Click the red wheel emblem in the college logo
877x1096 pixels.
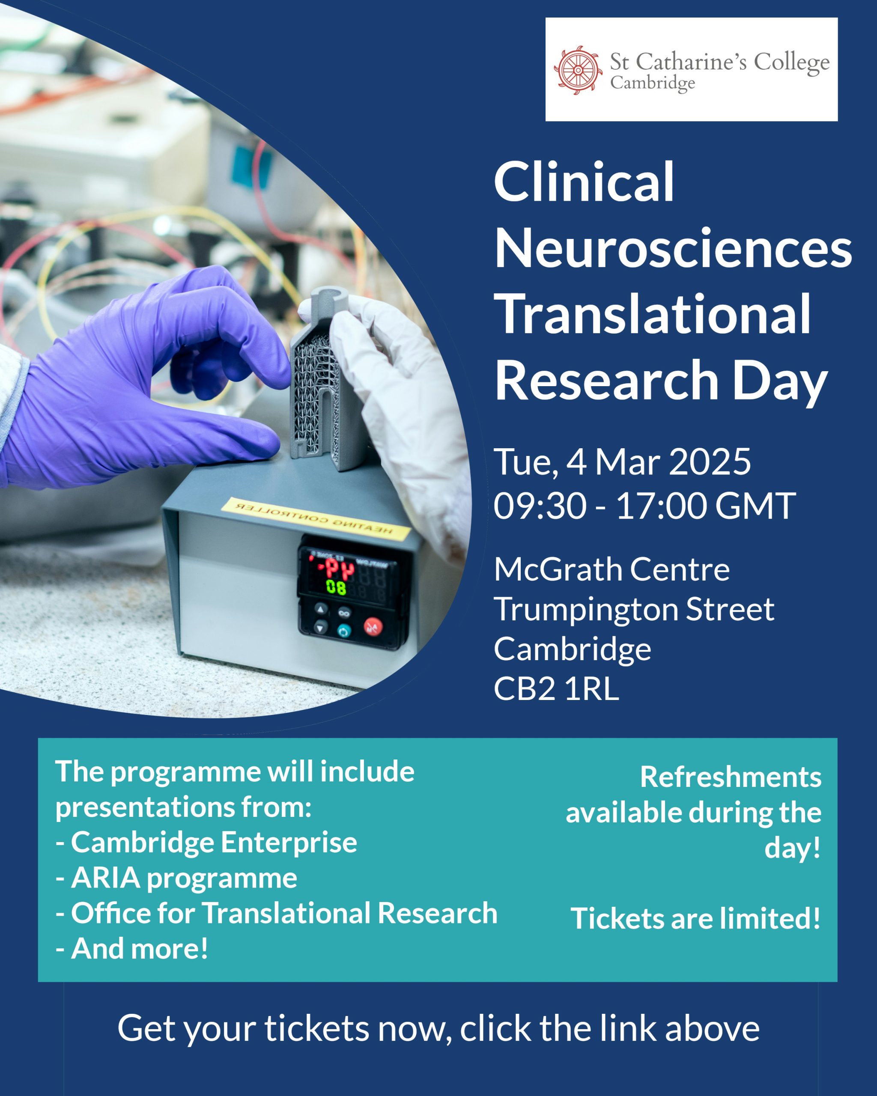pos(579,70)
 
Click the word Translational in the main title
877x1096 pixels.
pos(652,314)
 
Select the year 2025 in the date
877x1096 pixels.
pos(709,462)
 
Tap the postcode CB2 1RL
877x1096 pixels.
pos(556,689)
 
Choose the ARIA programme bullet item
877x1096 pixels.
pos(176,879)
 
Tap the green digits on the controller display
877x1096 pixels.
pos(336,588)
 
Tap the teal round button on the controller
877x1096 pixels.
pos(344,632)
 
